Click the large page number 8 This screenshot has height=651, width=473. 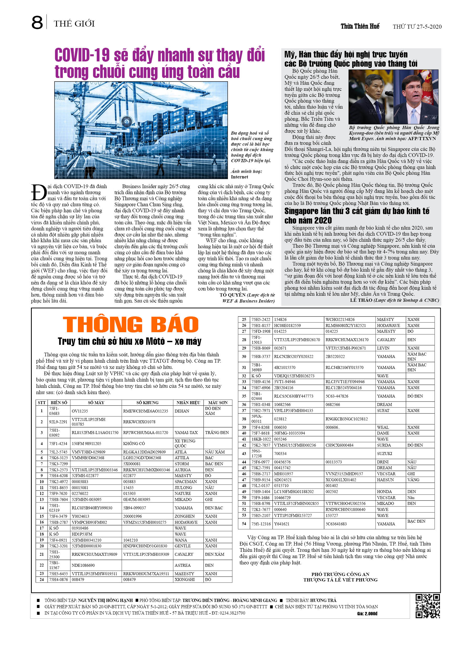point(37,23)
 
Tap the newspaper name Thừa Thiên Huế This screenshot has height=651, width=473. point(360,27)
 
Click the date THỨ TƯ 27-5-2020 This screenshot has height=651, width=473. point(417,27)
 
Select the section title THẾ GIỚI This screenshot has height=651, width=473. point(74,24)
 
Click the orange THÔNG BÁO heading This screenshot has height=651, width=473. point(131,325)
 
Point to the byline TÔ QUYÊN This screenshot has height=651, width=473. point(232,295)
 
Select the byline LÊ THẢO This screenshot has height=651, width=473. point(361,300)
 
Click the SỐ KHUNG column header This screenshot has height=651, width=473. point(147,403)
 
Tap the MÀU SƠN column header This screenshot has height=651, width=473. point(218,403)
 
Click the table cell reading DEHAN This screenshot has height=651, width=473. point(182,411)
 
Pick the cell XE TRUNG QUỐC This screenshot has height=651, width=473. point(185,443)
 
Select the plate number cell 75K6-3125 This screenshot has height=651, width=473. point(58,458)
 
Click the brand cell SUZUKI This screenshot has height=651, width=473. point(384,453)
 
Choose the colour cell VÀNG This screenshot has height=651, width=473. point(413,480)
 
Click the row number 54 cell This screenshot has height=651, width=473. point(244,523)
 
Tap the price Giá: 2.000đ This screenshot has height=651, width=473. point(367,614)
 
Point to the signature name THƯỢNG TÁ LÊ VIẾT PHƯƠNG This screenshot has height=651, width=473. point(340,580)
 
